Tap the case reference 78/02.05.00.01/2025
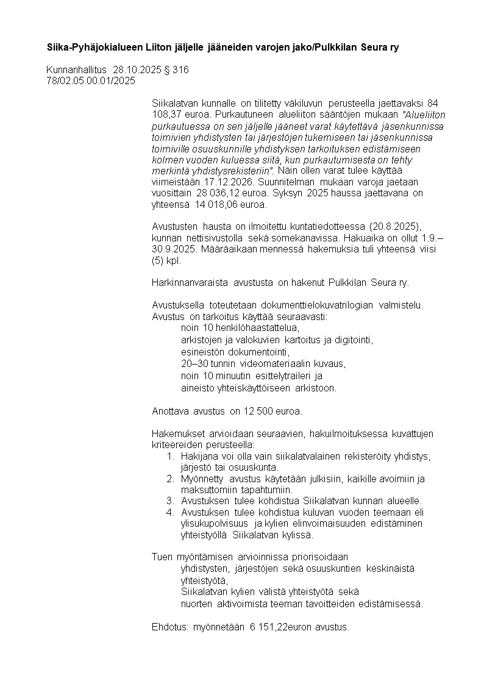tap(91, 80)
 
